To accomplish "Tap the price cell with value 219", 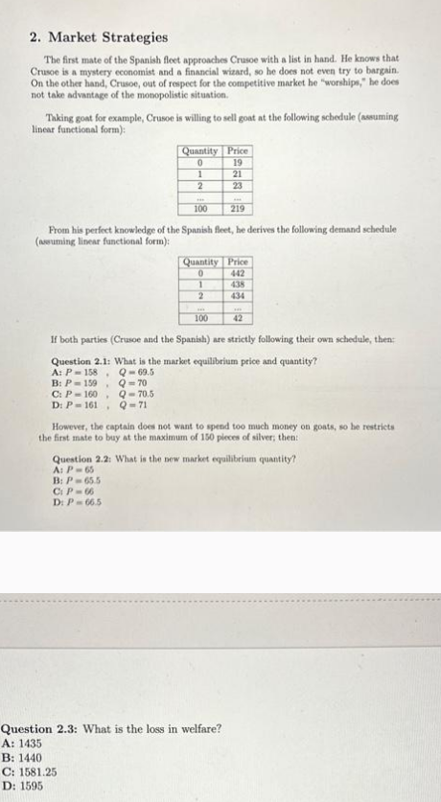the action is click(238, 207).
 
